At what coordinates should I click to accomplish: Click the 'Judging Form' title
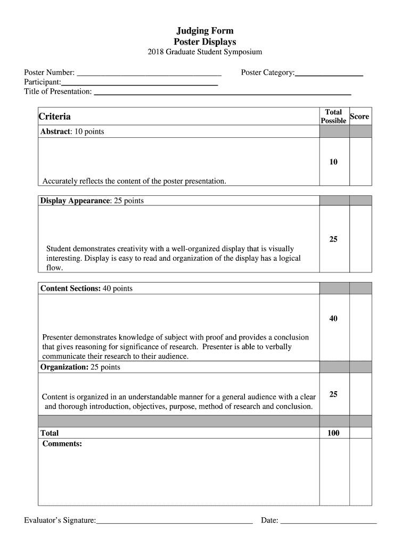[x=205, y=31]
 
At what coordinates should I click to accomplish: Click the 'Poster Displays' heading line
[x=205, y=42]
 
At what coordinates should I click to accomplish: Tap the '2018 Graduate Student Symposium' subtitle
[x=205, y=52]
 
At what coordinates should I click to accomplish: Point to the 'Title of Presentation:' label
[x=58, y=92]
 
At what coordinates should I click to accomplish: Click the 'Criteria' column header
[x=55, y=117]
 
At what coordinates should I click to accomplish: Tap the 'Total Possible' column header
[x=333, y=117]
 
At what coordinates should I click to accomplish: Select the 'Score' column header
[x=359, y=117]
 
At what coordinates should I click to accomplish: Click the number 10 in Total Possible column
[x=333, y=162]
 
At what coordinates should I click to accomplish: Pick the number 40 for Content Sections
[x=333, y=319]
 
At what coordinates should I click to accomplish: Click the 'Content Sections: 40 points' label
[x=87, y=288]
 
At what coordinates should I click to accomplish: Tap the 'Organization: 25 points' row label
[x=80, y=367]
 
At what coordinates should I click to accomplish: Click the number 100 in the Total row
[x=333, y=433]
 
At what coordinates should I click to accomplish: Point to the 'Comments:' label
[x=62, y=443]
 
